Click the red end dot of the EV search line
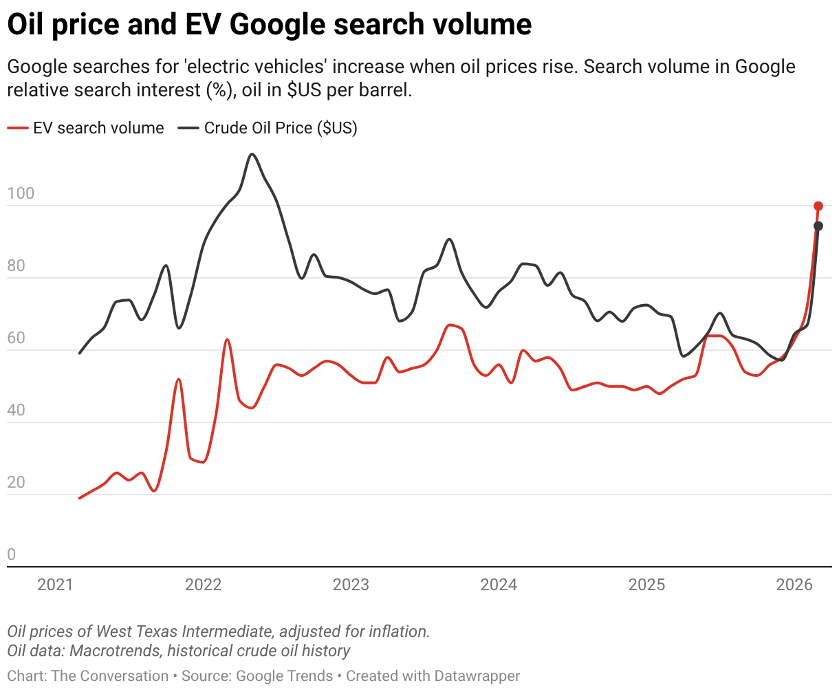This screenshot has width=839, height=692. click(818, 206)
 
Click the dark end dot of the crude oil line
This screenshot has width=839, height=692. click(818, 226)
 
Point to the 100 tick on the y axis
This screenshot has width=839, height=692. click(20, 194)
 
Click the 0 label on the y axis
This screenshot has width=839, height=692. click(11, 555)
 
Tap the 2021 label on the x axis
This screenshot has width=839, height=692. click(56, 585)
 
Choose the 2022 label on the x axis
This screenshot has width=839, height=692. click(204, 585)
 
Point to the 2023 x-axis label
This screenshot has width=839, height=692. click(351, 585)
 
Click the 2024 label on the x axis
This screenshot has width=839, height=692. click(499, 585)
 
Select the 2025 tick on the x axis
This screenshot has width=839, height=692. click(647, 585)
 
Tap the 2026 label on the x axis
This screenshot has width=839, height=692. click(794, 585)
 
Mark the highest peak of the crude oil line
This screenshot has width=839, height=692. click(252, 154)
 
